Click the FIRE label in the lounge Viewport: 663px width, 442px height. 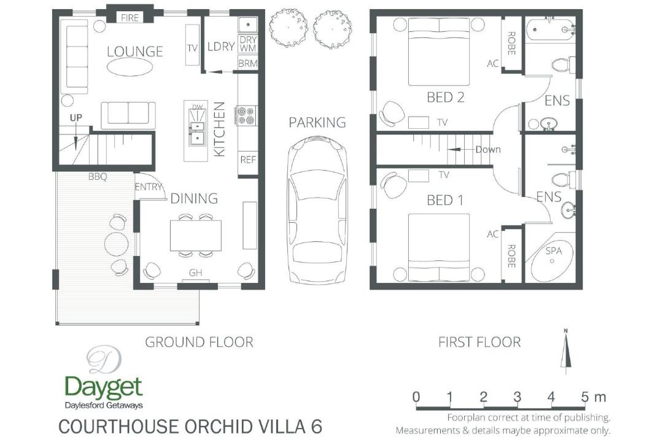(130, 18)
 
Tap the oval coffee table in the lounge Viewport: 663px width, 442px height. (130, 66)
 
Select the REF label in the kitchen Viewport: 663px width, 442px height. (248, 160)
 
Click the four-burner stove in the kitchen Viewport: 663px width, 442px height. (247, 115)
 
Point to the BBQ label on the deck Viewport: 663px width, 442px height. (98, 177)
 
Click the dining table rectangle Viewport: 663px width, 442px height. (196, 236)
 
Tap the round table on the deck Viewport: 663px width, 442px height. (116, 244)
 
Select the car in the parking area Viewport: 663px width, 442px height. (317, 210)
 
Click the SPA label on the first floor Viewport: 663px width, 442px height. (554, 251)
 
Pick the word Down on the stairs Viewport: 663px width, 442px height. (488, 149)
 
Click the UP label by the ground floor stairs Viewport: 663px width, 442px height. (76, 118)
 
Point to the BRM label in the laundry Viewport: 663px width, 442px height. (248, 63)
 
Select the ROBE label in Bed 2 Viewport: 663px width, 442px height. (511, 43)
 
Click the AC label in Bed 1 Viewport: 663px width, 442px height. (492, 234)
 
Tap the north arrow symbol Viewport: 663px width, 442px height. (566, 351)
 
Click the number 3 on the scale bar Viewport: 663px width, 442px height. (518, 397)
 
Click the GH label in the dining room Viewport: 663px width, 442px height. (195, 273)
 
